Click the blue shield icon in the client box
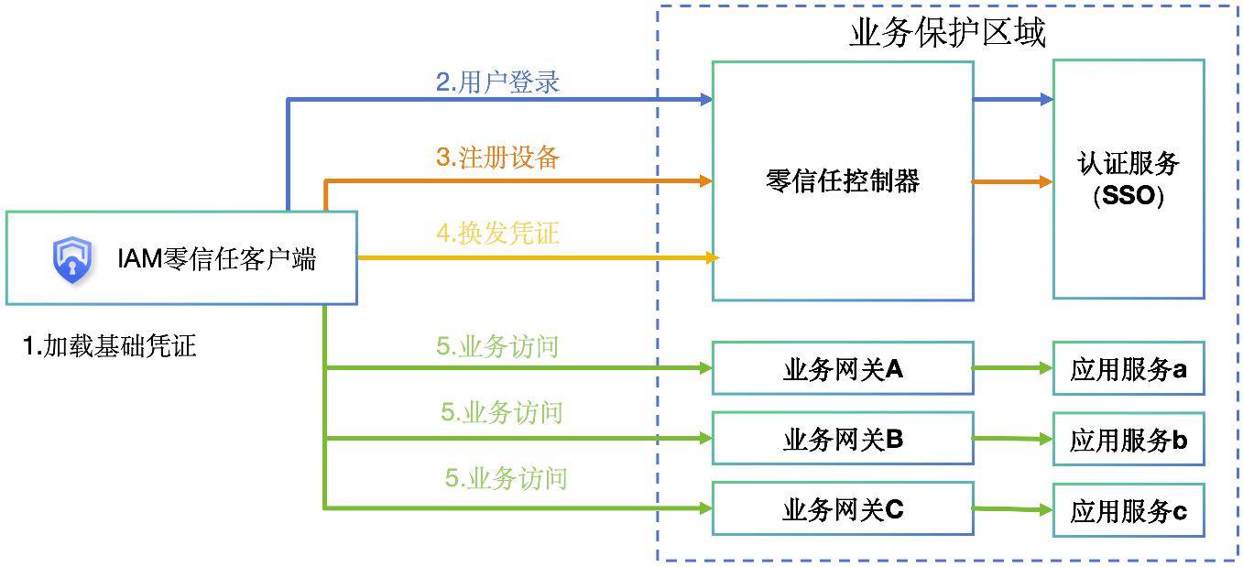point(71,259)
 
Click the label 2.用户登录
point(497,82)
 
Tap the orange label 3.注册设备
point(497,158)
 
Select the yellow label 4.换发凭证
point(497,234)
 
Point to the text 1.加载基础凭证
point(110,346)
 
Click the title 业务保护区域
point(947,33)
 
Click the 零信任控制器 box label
point(842,180)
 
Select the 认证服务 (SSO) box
point(1128,180)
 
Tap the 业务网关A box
point(842,369)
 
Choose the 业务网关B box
point(842,440)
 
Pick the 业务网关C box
point(842,509)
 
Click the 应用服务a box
point(1128,369)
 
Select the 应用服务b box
point(1128,440)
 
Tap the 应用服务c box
point(1128,511)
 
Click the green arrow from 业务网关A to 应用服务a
point(1012,368)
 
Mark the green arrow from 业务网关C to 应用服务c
point(1012,509)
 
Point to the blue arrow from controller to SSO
point(1012,99)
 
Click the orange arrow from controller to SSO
point(1012,181)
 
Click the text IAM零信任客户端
point(216,259)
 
